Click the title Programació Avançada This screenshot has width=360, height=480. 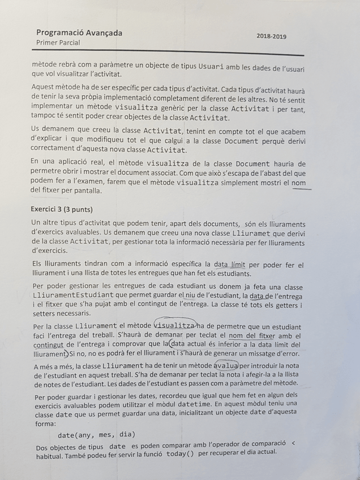79,33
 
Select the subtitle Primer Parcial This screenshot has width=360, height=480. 58,42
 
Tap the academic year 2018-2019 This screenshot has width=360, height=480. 271,36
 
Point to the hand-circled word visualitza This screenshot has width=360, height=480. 174,326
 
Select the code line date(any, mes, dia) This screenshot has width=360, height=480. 97,435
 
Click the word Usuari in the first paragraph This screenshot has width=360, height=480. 213,66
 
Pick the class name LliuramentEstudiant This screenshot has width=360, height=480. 74,295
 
